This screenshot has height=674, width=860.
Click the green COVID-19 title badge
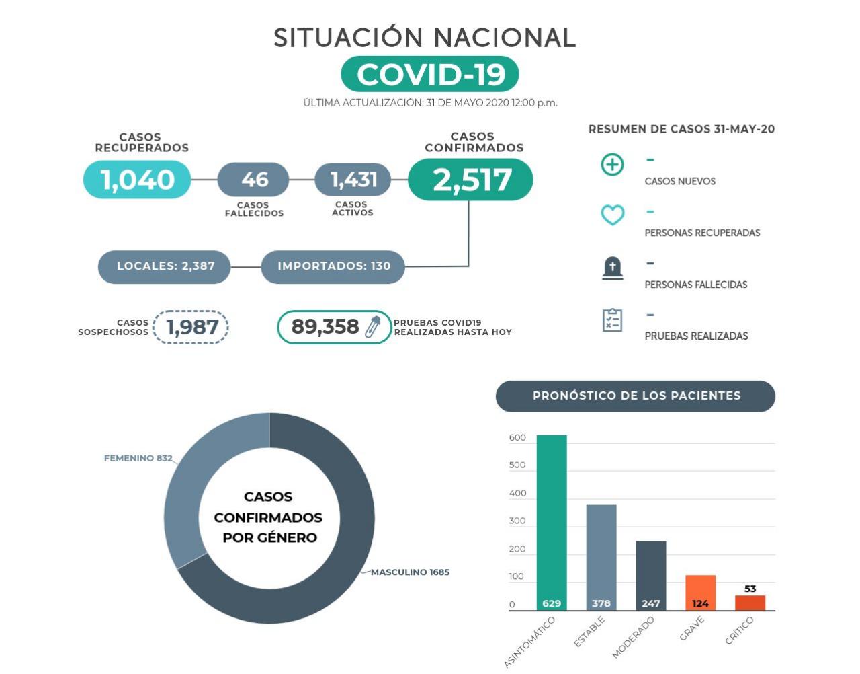coord(430,74)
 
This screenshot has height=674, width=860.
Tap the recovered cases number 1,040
coord(137,180)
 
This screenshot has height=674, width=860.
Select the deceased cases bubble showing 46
coord(254,180)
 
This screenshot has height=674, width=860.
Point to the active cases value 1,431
coord(353,180)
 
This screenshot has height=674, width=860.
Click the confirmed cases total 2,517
coord(471,180)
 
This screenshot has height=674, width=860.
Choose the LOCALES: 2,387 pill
coord(165,266)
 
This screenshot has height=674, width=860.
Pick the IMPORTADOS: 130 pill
coord(333,266)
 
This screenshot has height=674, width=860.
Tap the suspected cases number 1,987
coord(191,328)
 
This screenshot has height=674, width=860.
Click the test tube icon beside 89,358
coord(372,327)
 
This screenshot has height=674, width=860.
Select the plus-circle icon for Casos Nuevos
coord(612,164)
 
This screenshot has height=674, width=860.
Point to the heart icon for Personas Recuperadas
coord(612,215)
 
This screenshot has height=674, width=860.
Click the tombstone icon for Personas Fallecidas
coord(612,268)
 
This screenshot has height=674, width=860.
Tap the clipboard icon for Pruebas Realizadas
coord(612,320)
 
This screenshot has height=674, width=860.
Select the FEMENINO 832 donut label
coord(138,458)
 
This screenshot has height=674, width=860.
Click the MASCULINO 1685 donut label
coord(410,572)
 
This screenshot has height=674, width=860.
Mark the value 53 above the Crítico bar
coord(750,589)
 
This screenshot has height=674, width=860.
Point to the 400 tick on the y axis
coord(517,493)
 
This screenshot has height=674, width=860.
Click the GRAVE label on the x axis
coord(692,629)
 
